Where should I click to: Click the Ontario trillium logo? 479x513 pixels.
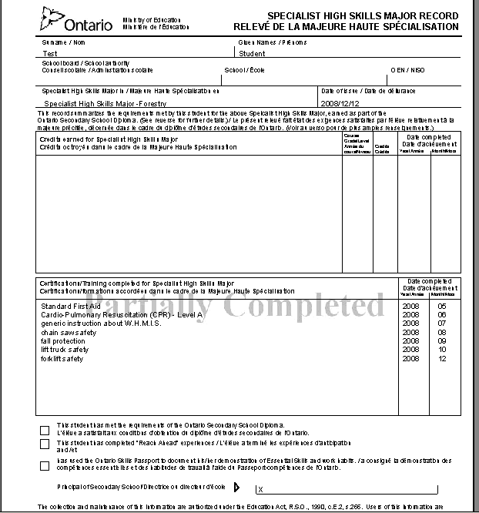(x=55, y=20)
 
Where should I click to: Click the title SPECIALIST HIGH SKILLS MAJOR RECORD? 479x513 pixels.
(x=362, y=16)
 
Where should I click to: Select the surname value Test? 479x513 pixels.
(x=50, y=54)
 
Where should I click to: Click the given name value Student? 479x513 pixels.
(x=252, y=54)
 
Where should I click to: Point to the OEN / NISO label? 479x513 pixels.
(x=406, y=69)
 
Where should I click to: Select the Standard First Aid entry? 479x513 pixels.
(x=71, y=306)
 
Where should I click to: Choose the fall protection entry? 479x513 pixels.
(x=63, y=341)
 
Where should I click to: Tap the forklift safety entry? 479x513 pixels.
(x=62, y=359)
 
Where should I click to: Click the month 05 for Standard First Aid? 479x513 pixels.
(x=442, y=306)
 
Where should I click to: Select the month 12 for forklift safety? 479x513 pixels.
(x=442, y=359)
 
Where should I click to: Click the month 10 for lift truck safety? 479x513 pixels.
(x=442, y=350)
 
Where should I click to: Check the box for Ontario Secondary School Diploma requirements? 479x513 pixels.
(x=44, y=428)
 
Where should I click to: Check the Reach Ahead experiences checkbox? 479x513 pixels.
(x=44, y=444)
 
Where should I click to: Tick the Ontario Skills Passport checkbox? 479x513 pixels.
(x=44, y=464)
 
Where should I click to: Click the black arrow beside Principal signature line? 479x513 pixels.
(x=237, y=488)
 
